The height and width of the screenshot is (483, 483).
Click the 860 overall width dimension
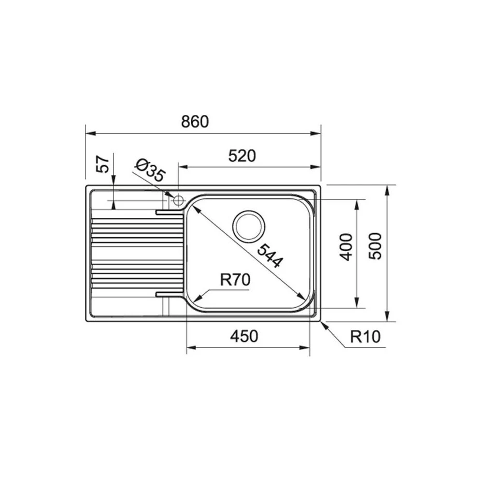[195, 122]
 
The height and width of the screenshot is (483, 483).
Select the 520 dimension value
[241, 156]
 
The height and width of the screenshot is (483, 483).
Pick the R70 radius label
[234, 280]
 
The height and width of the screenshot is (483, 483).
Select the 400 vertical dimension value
[346, 246]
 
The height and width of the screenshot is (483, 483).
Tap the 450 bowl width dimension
[243, 336]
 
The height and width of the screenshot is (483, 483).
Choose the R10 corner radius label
[366, 336]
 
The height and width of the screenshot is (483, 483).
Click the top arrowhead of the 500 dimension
[387, 189]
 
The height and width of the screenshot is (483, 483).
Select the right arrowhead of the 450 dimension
[306, 347]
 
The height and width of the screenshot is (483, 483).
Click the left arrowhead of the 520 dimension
[183, 167]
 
